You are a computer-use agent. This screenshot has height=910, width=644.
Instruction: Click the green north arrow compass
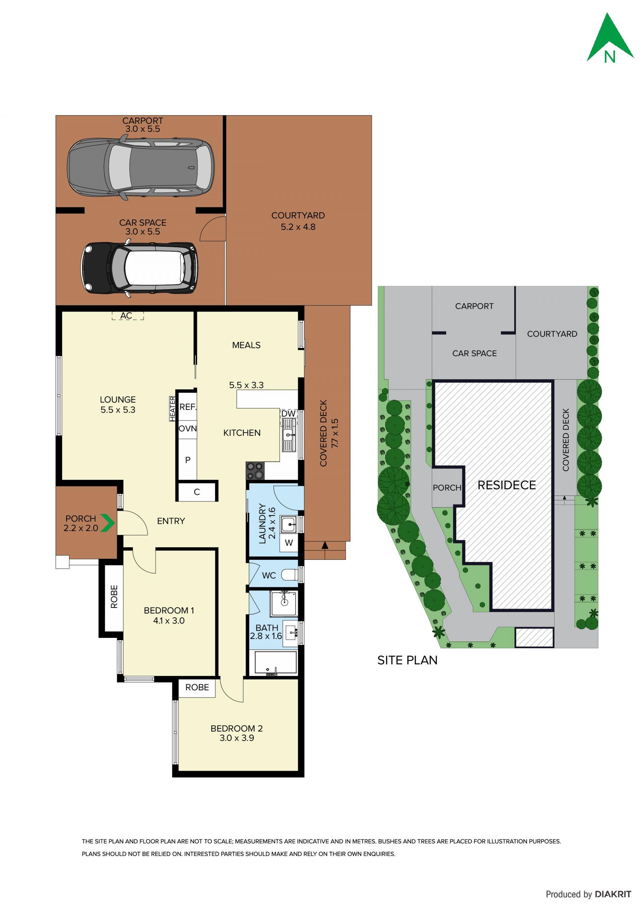pos(610,40)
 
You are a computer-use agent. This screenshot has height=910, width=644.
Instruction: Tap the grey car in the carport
pos(141,167)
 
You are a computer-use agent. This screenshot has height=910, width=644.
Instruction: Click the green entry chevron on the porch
pos(107,523)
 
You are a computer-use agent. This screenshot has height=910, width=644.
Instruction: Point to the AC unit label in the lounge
pos(127,315)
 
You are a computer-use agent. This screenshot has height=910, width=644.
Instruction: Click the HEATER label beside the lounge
pos(172,409)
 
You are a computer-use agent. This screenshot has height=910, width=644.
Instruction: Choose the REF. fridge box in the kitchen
pos(187,407)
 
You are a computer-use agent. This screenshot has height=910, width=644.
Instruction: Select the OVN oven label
pos(187,428)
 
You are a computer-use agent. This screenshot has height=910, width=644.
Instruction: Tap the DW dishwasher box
pos(289,413)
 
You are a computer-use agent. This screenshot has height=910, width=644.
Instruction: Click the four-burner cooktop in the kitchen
pos(255,471)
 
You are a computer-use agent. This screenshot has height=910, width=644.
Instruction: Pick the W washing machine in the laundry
pos(289,543)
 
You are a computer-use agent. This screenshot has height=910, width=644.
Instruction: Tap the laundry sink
pos(289,524)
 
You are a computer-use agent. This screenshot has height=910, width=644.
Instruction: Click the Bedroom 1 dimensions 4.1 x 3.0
pos(169,621)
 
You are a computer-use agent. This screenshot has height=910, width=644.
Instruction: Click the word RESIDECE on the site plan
pos(506,485)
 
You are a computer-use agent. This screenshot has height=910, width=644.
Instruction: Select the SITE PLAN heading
pos(407,660)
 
